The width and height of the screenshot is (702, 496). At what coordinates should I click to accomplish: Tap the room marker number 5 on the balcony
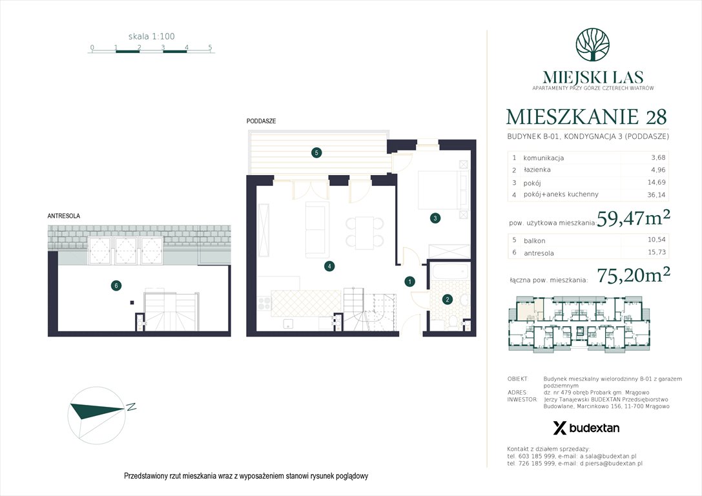coord(316,153)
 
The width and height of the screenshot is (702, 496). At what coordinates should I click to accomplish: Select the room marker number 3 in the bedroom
coord(436,218)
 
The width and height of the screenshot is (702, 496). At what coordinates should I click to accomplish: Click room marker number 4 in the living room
coord(329,265)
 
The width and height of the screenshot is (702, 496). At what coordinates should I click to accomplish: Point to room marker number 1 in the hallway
coord(409,282)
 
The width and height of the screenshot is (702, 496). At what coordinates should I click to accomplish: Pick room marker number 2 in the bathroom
coord(447,299)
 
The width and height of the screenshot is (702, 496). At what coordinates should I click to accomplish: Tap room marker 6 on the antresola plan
coord(116,285)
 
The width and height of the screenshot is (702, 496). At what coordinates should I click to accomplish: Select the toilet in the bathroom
coord(455,322)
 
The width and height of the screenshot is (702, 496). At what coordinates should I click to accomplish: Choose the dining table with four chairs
coord(361,232)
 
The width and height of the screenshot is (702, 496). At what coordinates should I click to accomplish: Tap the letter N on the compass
coord(130,407)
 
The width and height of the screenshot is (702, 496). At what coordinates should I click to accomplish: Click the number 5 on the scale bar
coord(210,48)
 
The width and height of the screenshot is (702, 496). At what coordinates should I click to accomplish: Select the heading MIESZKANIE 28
coord(586,117)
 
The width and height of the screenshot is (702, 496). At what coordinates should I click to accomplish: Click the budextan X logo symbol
coord(560,428)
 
